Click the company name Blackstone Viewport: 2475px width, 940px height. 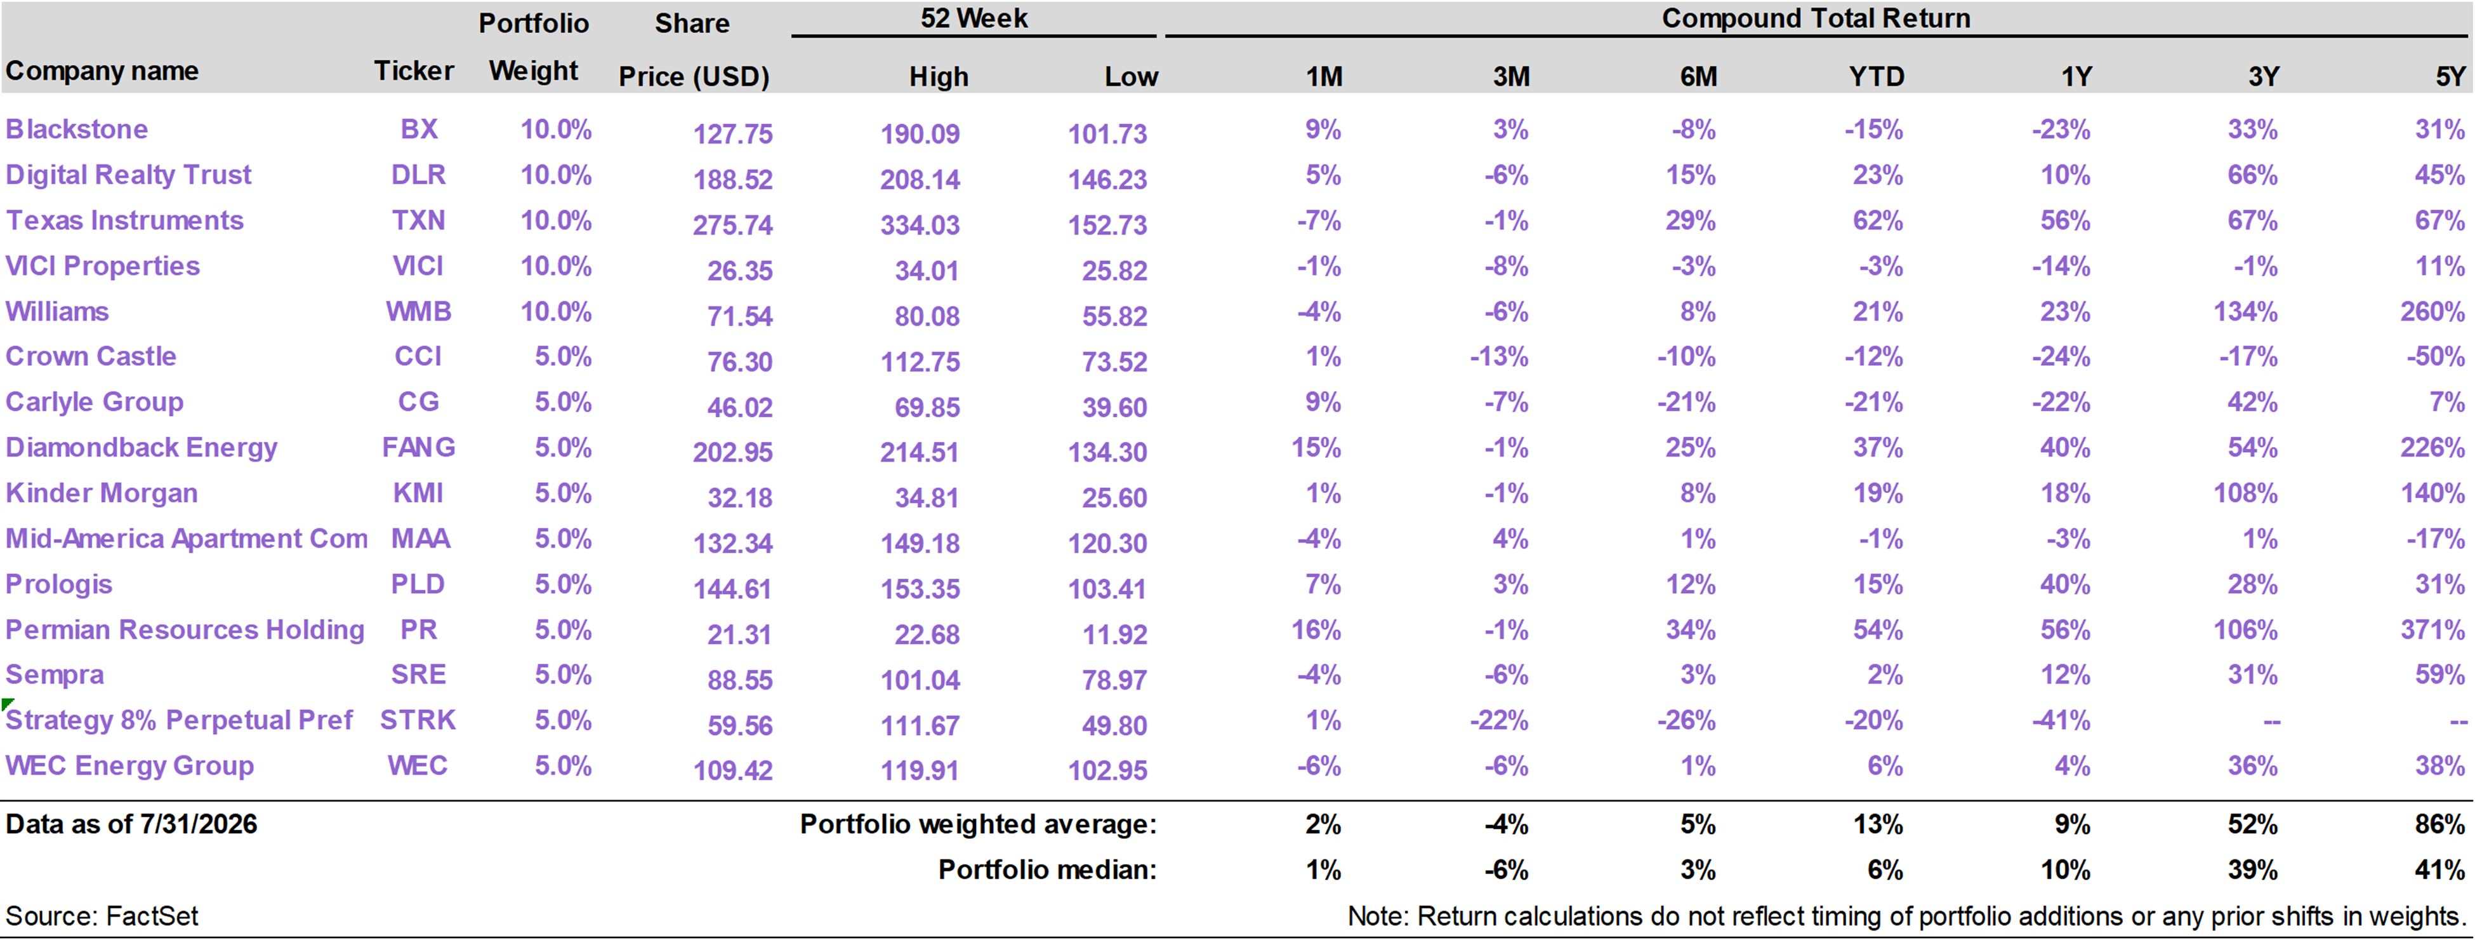pos(77,129)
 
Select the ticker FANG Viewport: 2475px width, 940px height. pos(418,447)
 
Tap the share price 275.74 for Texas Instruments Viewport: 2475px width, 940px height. pos(732,225)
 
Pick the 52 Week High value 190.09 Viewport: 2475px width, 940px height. pos(920,133)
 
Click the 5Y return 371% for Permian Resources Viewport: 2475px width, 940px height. pos(2432,629)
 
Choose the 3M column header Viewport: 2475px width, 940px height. pos(1510,77)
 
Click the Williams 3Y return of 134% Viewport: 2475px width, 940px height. pos(2245,311)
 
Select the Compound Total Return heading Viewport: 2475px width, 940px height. pos(1816,18)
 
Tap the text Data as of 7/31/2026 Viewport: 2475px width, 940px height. pos(131,824)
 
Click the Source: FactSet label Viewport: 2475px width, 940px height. pos(102,915)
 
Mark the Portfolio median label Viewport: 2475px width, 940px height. pos(1047,869)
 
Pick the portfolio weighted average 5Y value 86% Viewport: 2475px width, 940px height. pos(2439,824)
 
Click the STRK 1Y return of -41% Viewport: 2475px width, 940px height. pos(2061,720)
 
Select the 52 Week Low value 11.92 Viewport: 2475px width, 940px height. pos(1114,634)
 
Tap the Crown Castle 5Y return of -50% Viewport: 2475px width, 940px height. pos(2436,356)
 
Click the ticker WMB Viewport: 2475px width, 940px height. pos(418,311)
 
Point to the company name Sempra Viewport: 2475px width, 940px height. pos(55,675)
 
